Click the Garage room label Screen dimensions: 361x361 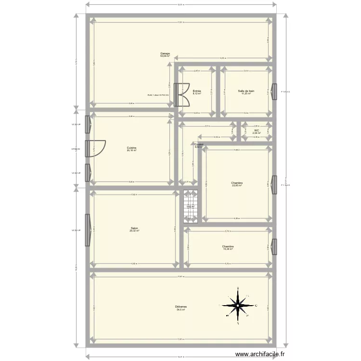point(166,53)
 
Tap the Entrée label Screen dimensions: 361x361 point(197,91)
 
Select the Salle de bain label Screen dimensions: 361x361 point(245,91)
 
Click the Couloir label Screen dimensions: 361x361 point(199,144)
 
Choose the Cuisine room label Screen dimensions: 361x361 point(131,148)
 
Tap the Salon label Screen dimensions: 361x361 point(134,228)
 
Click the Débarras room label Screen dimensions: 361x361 point(181,306)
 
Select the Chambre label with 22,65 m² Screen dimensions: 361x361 point(237,183)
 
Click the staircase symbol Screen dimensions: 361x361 point(190,207)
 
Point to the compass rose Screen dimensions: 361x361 point(238,305)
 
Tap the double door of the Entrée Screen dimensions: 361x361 point(183,95)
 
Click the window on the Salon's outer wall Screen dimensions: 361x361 point(88,230)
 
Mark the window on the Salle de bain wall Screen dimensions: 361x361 point(274,91)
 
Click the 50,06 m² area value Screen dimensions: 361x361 point(166,56)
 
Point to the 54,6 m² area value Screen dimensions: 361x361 point(181,309)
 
